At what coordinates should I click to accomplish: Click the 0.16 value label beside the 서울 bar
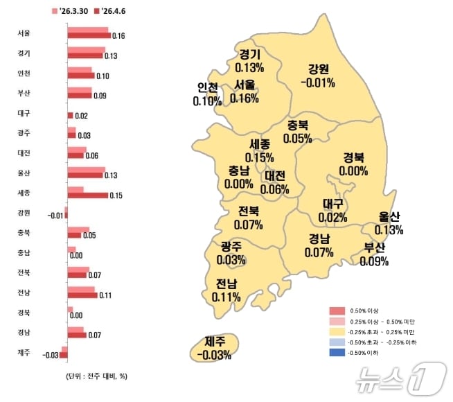[x=118, y=35]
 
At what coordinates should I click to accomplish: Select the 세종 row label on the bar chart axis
[x=24, y=191]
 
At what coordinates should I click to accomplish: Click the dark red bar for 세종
[x=87, y=195]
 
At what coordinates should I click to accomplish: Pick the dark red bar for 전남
[x=82, y=295]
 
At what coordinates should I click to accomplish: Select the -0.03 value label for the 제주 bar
[x=49, y=356]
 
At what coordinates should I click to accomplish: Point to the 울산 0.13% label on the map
[x=389, y=223]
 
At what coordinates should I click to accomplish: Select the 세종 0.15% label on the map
[x=259, y=151]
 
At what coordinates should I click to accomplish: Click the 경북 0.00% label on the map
[x=353, y=164]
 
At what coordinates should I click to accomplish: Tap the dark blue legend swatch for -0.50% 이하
[x=337, y=353]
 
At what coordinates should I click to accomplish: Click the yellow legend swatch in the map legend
[x=337, y=332]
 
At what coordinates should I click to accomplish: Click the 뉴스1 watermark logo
[x=398, y=378]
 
